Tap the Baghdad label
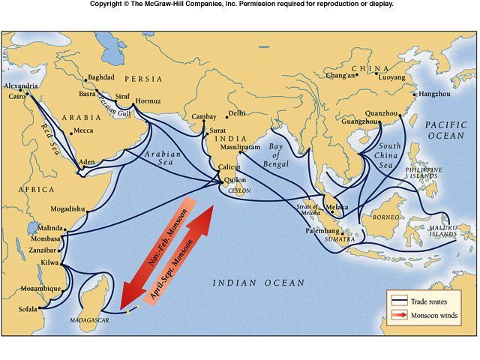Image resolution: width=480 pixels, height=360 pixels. [x=100, y=77]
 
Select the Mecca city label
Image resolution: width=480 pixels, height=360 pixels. [x=82, y=130]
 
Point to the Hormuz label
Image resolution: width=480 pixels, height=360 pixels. [x=148, y=100]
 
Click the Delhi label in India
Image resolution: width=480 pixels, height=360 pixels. [x=236, y=113]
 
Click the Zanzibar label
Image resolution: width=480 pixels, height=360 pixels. [x=42, y=250]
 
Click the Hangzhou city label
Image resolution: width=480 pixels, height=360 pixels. [x=435, y=94]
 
